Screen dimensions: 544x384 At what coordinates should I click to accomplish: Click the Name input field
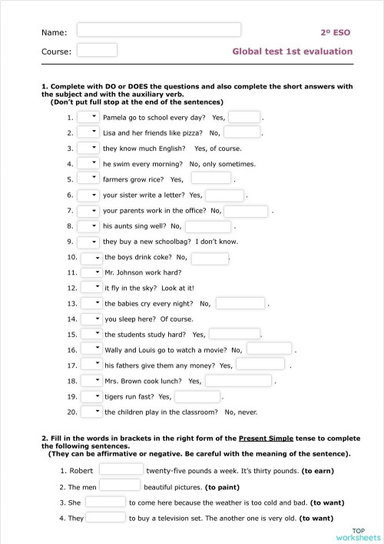point(159,30)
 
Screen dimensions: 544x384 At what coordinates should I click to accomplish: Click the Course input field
point(98,50)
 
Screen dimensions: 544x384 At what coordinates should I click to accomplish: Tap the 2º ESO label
point(336,32)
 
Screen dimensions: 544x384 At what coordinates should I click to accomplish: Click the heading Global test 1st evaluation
point(292,52)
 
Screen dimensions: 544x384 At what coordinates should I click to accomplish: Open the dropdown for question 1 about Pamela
point(88,117)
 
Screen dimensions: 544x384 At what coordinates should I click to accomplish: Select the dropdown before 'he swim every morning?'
point(88,163)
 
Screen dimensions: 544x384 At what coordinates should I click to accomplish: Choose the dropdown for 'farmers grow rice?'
point(88,179)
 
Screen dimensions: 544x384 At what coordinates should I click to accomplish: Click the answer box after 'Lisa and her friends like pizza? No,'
point(241,132)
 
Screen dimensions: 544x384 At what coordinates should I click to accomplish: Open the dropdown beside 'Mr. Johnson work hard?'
point(91,272)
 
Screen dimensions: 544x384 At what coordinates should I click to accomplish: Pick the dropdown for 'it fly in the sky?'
point(91,288)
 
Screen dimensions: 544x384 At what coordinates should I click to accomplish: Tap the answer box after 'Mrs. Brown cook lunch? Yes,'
point(237,381)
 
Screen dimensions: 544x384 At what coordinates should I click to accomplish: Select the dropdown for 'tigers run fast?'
point(91,396)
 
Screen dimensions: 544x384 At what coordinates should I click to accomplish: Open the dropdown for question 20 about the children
point(91,412)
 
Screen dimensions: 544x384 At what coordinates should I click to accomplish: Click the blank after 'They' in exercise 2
point(105,517)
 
